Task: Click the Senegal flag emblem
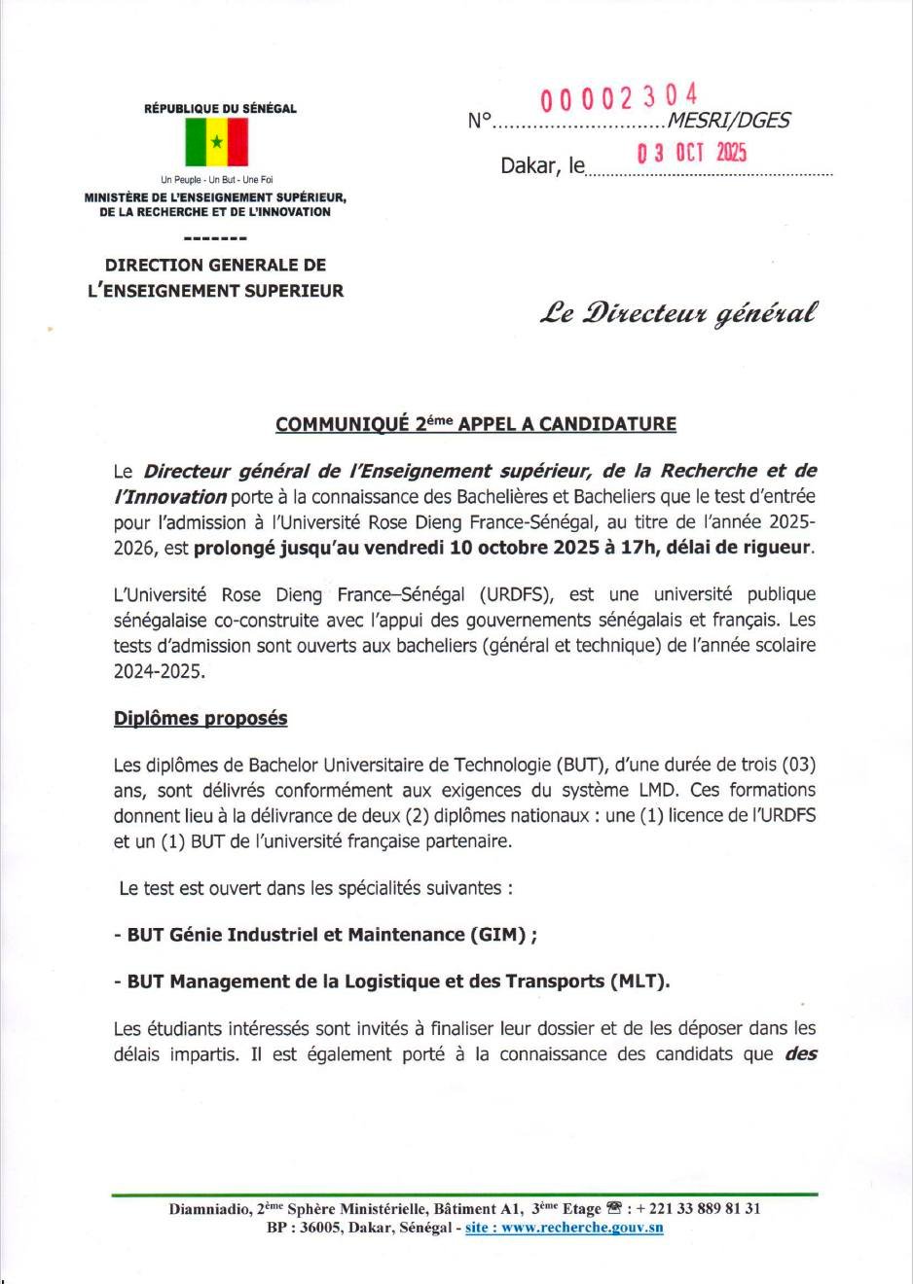216,143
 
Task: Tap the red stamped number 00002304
619,97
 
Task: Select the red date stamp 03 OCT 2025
691,153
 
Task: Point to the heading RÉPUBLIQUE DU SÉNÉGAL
220,109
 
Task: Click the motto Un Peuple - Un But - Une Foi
217,180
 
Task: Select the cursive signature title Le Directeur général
679,313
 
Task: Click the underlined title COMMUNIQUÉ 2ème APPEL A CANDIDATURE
476,424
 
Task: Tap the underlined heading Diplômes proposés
201,718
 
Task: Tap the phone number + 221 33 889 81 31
699,1209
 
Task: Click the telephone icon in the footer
613,1208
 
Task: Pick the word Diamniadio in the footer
207,1209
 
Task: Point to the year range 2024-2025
160,670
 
